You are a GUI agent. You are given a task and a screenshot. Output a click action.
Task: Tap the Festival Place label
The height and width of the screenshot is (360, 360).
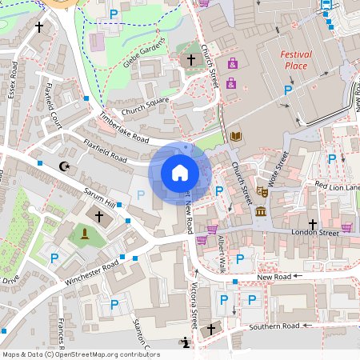click(296, 60)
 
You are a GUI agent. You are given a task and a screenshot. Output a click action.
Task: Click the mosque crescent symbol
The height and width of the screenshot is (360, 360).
click(64, 166)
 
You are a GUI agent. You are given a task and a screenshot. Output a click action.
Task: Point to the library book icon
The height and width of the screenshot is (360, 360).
click(235, 136)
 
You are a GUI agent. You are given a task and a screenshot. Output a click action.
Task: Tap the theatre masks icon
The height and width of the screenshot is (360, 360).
click(261, 192)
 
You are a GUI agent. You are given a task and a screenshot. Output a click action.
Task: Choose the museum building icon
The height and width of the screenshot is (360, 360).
click(261, 211)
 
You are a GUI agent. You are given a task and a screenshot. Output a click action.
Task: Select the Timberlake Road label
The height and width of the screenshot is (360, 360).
click(124, 127)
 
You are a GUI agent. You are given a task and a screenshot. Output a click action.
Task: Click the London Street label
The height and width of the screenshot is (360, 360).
click(293, 233)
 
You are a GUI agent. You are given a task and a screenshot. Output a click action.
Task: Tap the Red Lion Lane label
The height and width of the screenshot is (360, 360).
click(337, 186)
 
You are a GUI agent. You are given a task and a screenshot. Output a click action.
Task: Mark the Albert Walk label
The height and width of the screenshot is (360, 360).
click(222, 254)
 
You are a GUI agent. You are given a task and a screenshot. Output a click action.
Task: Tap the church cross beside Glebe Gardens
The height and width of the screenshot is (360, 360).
click(190, 60)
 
